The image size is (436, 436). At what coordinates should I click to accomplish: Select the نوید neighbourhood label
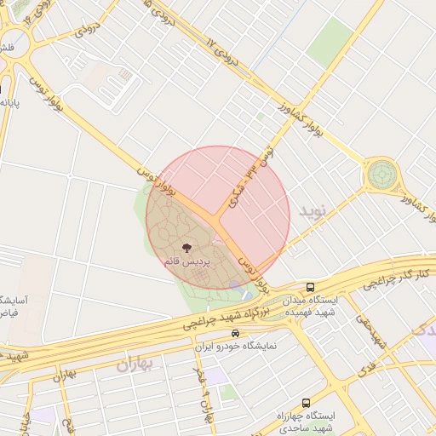click(x=313, y=210)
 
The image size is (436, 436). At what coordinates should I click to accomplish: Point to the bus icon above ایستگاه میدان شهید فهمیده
click(x=311, y=287)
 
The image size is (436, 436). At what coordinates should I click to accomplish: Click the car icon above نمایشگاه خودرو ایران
click(x=235, y=333)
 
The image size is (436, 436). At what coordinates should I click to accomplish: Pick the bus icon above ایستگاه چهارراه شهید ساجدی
click(x=306, y=402)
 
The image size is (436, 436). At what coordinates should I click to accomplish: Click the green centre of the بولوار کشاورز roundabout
click(x=381, y=175)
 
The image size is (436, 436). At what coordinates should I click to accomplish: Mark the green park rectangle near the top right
click(x=330, y=43)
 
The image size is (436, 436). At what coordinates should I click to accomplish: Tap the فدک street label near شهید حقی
click(x=366, y=369)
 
